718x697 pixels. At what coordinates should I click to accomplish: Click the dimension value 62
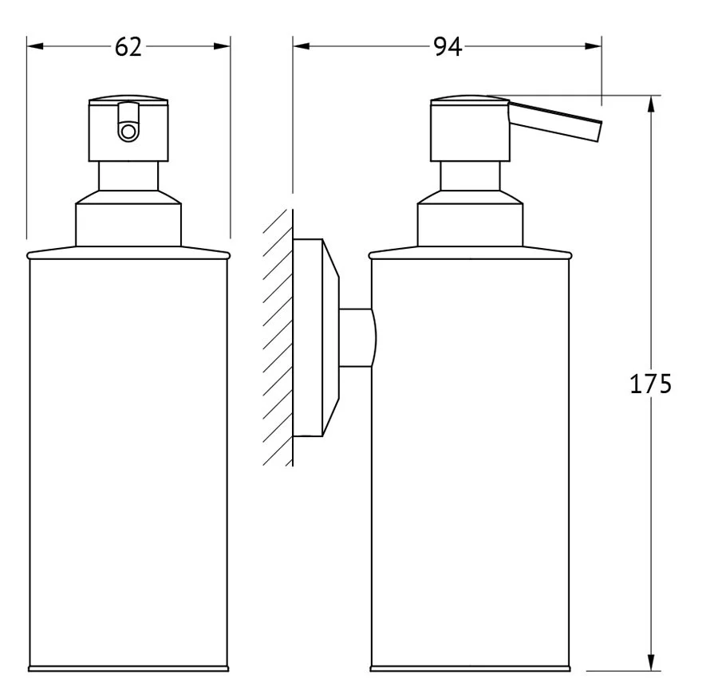tap(128, 47)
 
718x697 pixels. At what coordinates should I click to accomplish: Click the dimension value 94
tap(448, 47)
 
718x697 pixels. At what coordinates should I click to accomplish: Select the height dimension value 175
tap(650, 384)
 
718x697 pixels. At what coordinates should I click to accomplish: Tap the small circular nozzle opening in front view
tap(128, 132)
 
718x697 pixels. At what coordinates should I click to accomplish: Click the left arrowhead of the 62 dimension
tap(35, 46)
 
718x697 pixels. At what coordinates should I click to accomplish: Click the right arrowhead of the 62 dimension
tap(222, 46)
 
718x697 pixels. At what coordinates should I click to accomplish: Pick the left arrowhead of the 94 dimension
tap(302, 46)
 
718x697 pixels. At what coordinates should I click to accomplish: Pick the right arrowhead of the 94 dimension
tap(593, 46)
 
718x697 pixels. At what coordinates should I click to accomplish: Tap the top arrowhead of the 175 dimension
tap(651, 104)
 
